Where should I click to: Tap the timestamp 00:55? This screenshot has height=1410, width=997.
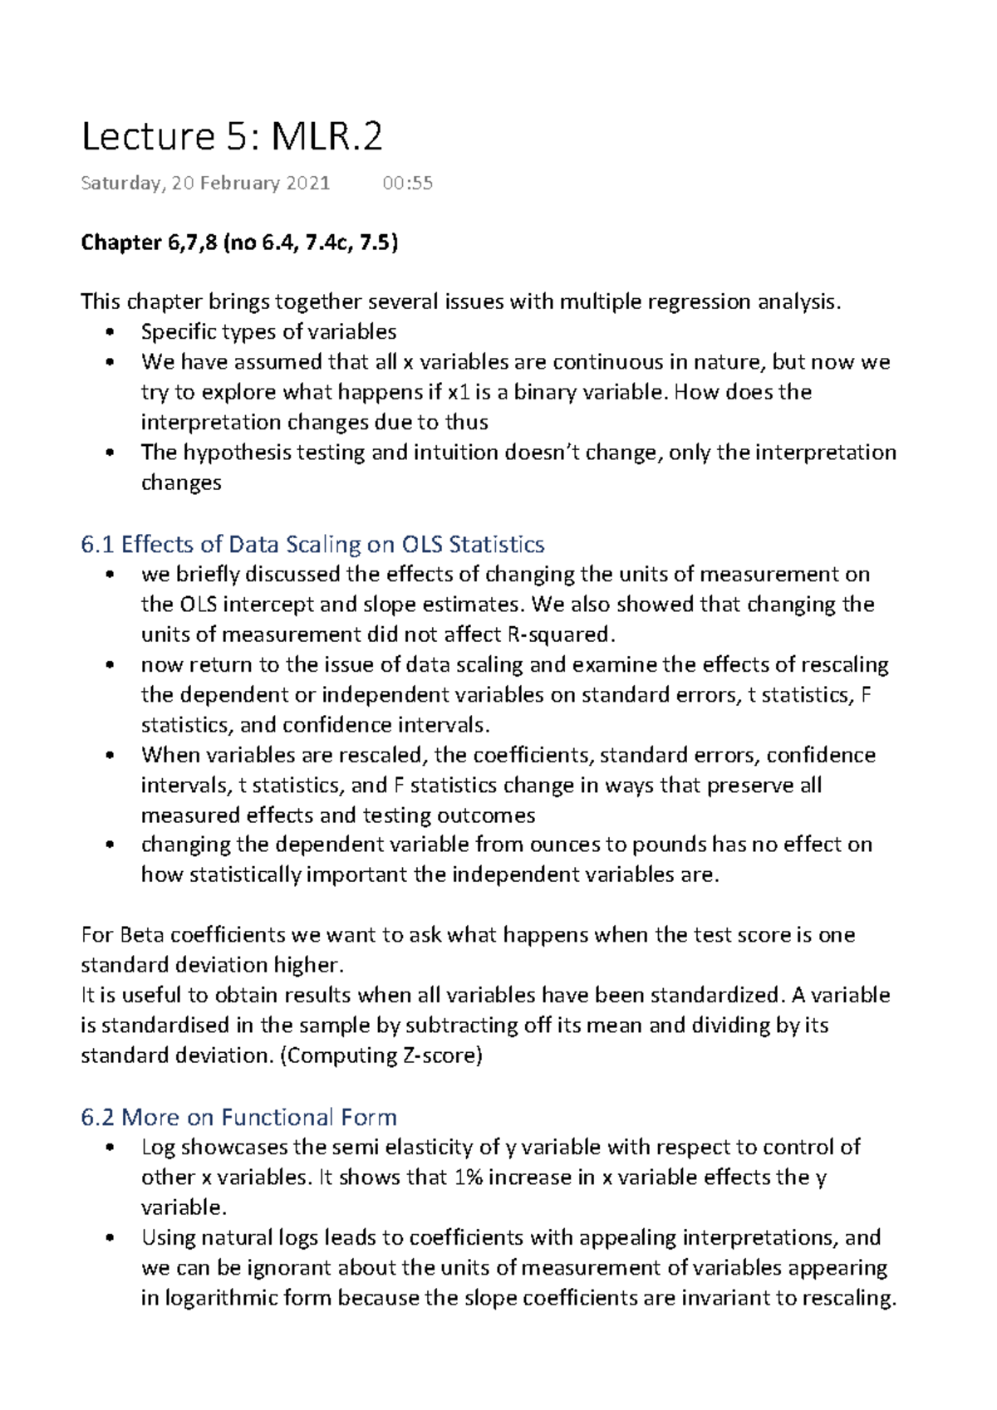(407, 184)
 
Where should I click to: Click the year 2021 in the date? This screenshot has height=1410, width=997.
(307, 184)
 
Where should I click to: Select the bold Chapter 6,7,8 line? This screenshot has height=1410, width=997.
(239, 242)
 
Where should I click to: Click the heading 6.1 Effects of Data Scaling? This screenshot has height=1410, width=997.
(312, 545)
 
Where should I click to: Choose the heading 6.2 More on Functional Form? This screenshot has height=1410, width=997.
(238, 1117)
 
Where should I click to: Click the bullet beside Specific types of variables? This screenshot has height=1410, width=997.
(110, 333)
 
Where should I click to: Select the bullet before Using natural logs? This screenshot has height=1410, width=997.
(110, 1239)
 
